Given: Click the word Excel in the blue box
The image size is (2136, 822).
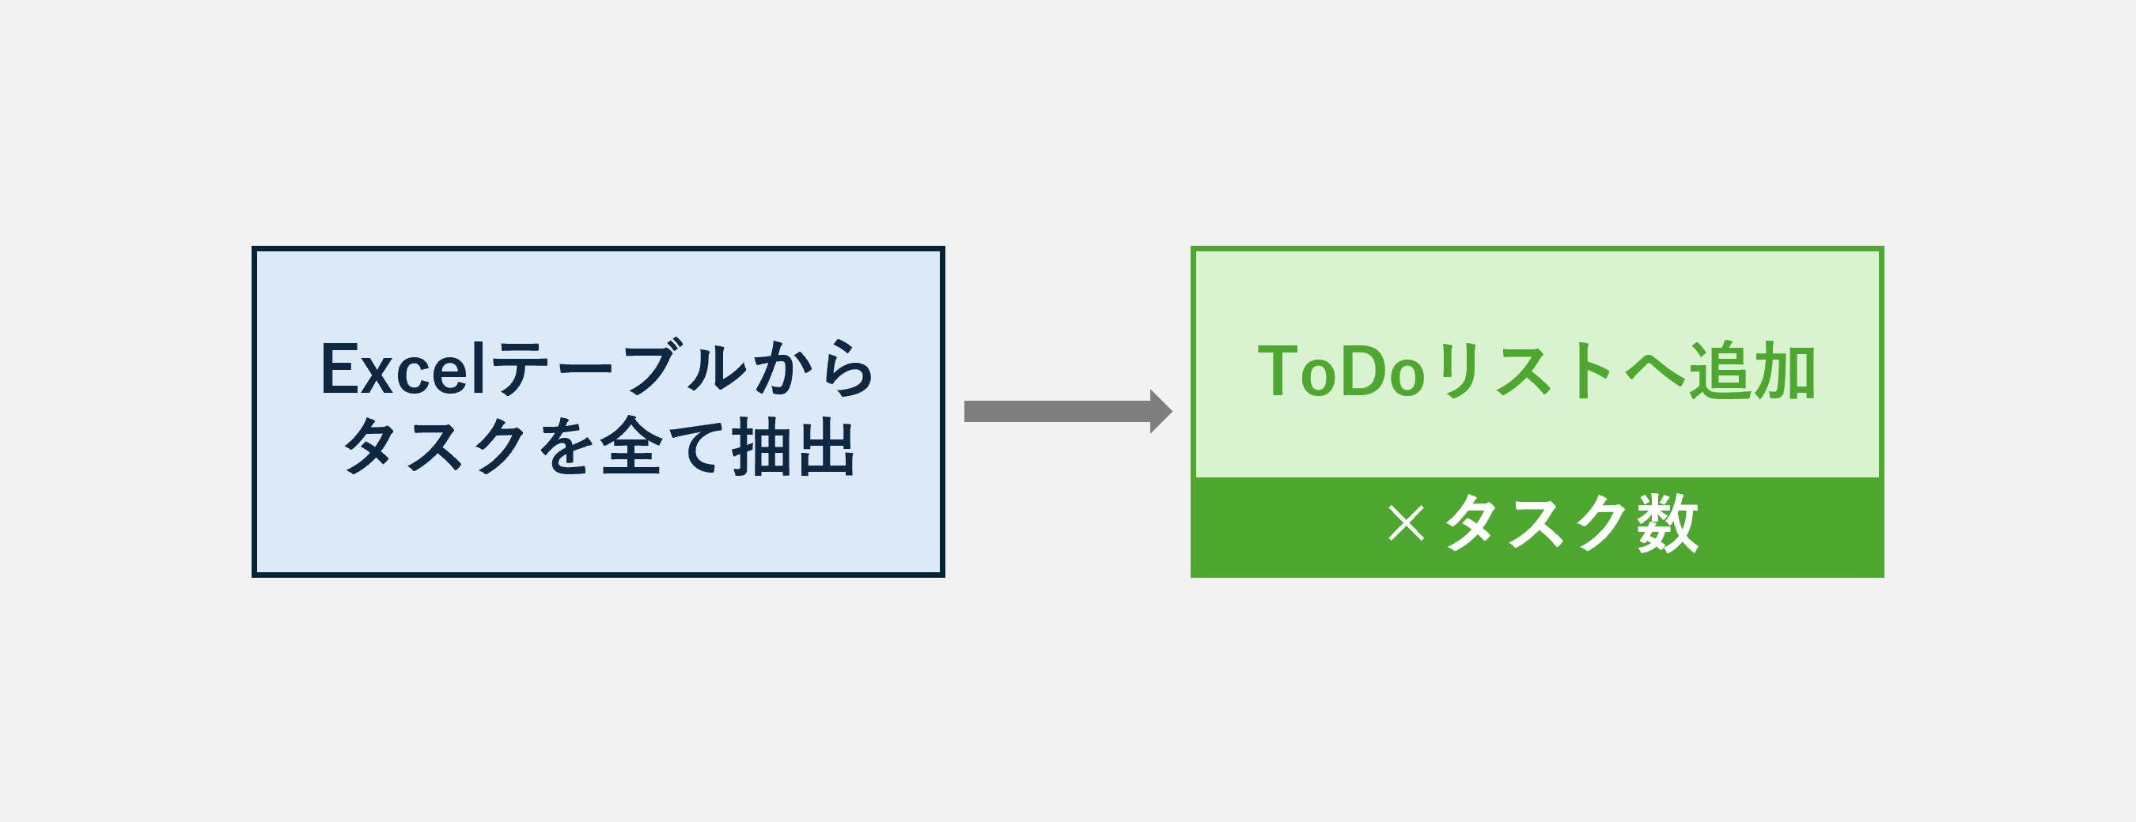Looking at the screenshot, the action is (403, 370).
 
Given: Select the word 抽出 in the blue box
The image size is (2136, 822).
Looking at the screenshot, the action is (793, 447).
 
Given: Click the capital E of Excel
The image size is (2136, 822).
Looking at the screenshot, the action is (338, 370).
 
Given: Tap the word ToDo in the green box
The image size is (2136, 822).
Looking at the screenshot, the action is (1342, 371).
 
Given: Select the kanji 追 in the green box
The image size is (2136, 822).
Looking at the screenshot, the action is (1721, 371).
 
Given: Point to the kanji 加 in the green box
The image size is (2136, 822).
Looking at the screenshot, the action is (1786, 371).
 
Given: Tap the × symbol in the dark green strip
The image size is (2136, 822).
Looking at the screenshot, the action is (1406, 524).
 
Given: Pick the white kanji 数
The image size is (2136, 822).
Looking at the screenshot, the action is (1668, 523).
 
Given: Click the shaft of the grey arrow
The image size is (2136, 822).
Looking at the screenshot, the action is (1057, 411).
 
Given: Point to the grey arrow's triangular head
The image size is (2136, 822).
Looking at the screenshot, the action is (1161, 411).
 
